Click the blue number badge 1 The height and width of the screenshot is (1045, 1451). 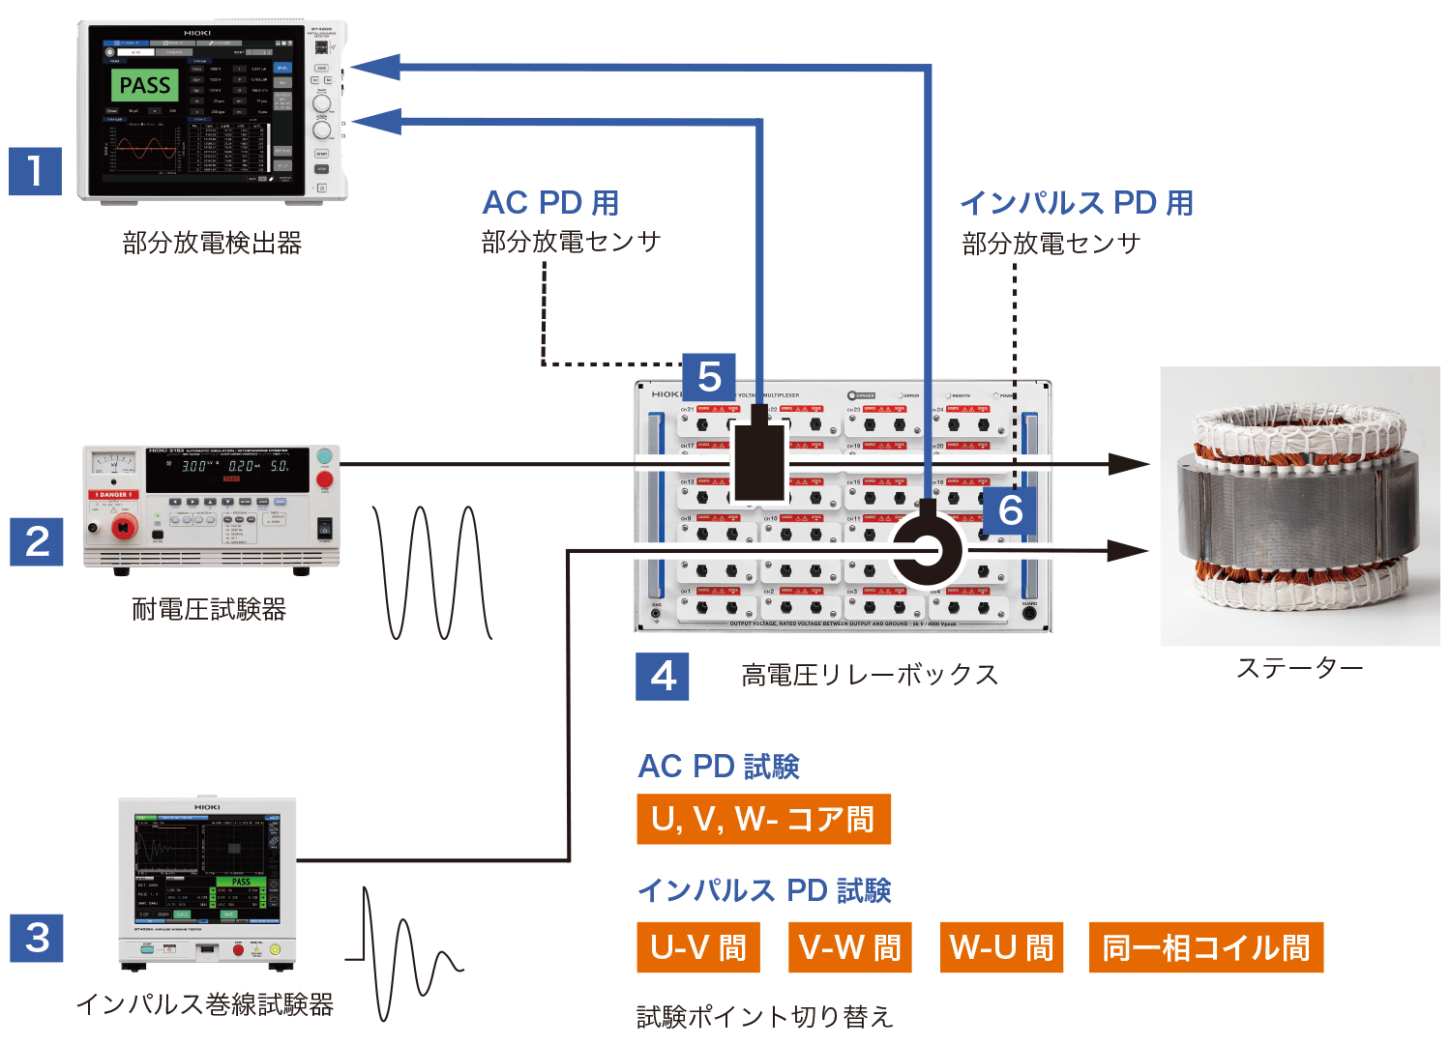click(36, 171)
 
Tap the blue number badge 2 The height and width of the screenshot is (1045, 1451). click(37, 541)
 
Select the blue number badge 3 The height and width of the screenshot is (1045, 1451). click(37, 938)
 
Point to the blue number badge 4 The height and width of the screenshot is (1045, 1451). click(663, 676)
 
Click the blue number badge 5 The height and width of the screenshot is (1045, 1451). click(709, 377)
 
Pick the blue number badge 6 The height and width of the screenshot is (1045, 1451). click(1010, 510)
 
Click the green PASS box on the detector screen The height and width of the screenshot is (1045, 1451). click(145, 86)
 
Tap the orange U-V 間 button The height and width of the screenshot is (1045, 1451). click(698, 947)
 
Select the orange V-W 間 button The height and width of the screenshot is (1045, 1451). click(850, 947)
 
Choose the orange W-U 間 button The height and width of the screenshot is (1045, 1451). click(1001, 947)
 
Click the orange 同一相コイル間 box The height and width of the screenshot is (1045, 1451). click(1205, 947)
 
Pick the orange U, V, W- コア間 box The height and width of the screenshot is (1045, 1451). click(763, 820)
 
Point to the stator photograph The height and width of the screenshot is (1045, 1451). click(1299, 506)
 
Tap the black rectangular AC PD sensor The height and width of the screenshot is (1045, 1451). click(758, 463)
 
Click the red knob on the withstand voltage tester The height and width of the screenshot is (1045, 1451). click(124, 527)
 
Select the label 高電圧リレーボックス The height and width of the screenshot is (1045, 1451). click(870, 675)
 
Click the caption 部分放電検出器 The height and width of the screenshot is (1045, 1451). click(212, 243)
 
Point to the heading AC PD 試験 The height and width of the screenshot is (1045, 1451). click(719, 767)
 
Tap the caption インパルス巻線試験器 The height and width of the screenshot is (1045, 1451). click(205, 1005)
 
